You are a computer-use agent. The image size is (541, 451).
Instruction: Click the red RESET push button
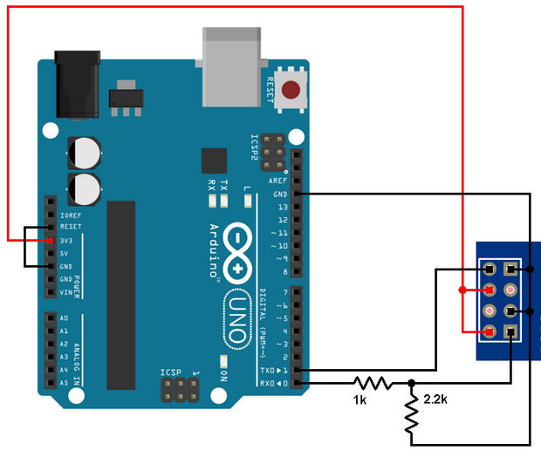tap(291, 89)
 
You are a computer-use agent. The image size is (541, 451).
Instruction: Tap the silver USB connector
tap(231, 65)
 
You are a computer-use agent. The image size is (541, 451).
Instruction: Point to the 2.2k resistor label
tap(436, 399)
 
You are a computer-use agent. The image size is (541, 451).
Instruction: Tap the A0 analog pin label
tap(65, 318)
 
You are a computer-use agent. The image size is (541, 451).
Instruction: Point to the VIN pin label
tap(66, 292)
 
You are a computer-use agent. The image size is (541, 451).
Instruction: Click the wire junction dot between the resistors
tap(411, 382)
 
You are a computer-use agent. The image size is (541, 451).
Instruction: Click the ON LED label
tap(223, 376)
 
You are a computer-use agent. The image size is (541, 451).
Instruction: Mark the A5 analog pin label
tap(65, 383)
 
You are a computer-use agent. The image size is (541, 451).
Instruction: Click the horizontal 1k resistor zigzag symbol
tap(372, 382)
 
